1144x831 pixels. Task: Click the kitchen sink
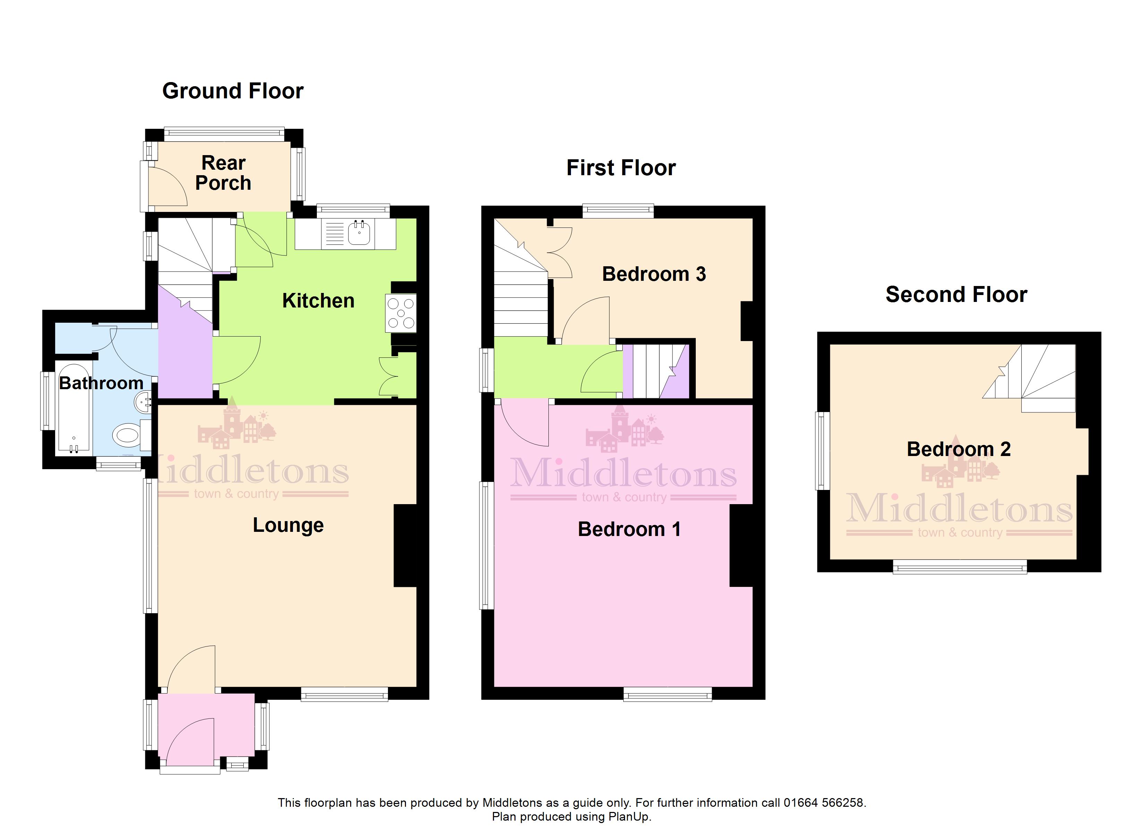359,233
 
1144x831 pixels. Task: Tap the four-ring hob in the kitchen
401,313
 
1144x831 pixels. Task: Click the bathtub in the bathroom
73,407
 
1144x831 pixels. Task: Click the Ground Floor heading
233,91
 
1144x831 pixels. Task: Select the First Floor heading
621,168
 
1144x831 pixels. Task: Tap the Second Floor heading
956,294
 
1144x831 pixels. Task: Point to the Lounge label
288,526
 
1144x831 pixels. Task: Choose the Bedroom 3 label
654,274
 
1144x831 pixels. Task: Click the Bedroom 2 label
959,449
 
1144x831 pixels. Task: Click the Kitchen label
318,301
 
